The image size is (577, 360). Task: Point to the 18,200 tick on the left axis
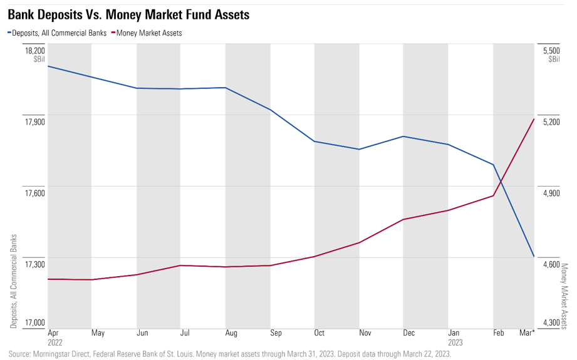click(35, 50)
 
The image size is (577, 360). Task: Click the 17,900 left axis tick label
click(35, 121)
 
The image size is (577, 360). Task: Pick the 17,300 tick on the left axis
click(35, 264)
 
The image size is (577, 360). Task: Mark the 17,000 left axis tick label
click(35, 322)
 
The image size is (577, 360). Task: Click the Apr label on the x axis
click(53, 333)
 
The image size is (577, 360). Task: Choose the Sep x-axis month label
click(275, 333)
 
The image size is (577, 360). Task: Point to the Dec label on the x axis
click(408, 333)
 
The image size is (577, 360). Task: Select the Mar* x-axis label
click(527, 333)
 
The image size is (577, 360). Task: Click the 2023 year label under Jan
click(455, 342)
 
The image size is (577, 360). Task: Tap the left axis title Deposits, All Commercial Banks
click(14, 281)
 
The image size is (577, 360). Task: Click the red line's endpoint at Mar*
click(533, 119)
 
